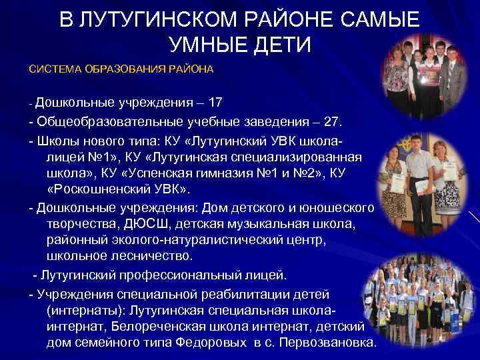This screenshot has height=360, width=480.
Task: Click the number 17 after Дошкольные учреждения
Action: (x=215, y=103)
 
